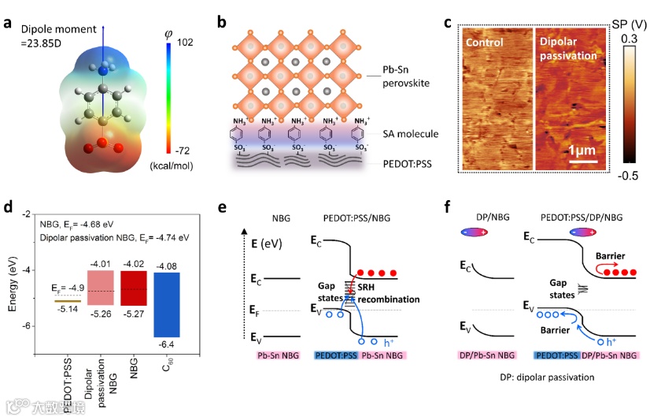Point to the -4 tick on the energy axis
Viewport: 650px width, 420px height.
click(x=27, y=270)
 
